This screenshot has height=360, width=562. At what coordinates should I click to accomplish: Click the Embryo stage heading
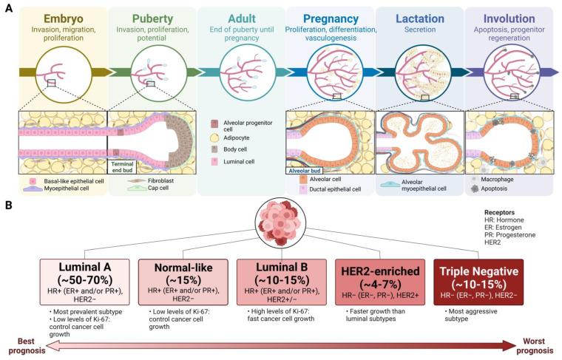(x=63, y=17)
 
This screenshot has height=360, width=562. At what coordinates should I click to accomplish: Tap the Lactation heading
(x=419, y=17)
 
